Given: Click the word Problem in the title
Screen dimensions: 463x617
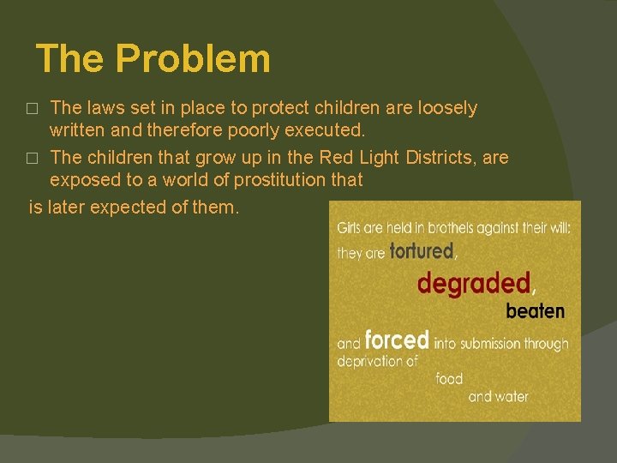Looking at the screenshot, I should [x=193, y=59].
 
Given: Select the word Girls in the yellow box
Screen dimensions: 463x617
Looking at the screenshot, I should [x=349, y=228].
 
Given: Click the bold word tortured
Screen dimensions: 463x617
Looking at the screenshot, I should [x=421, y=251].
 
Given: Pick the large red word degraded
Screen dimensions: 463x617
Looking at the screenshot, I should [x=474, y=282].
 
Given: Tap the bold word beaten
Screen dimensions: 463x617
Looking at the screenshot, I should [x=535, y=310].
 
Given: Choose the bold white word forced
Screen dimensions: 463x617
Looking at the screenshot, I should [x=396, y=340].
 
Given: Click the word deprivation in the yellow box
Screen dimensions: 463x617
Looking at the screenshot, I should [x=377, y=361].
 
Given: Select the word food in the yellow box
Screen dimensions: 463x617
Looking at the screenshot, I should [x=449, y=378].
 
